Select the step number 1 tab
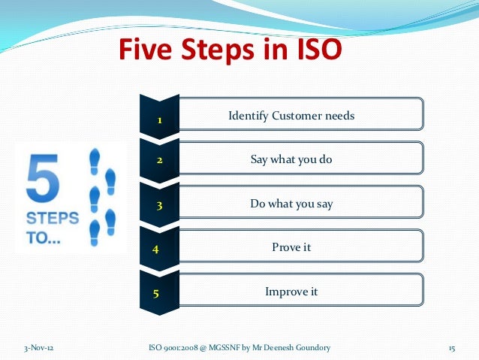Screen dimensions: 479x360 click(159, 117)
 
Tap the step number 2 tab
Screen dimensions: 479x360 click(159, 160)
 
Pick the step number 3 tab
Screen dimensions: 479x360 click(159, 204)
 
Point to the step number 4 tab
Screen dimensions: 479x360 click(155, 248)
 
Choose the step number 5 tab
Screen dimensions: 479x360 click(155, 292)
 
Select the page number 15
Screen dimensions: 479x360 click(452, 348)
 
